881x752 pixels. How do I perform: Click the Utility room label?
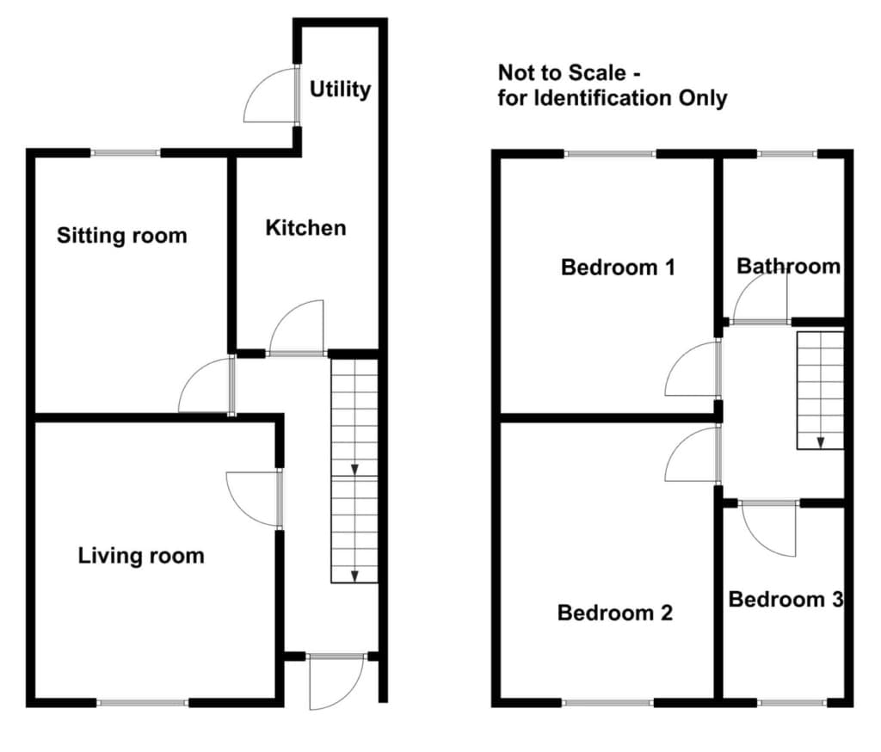click(x=340, y=89)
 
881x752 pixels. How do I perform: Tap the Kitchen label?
click(x=305, y=228)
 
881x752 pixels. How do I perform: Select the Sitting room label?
click(x=122, y=236)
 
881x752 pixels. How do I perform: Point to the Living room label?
click(x=141, y=556)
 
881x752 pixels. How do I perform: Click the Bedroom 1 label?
click(x=618, y=267)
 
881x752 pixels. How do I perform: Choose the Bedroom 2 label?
click(x=614, y=613)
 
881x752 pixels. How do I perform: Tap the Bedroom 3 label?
click(x=786, y=600)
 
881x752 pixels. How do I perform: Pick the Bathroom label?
click(x=788, y=266)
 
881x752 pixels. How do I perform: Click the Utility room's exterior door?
click(x=269, y=96)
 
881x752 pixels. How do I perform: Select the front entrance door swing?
click(x=337, y=681)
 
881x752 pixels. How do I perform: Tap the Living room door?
click(x=254, y=499)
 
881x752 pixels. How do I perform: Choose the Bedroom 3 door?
click(x=768, y=529)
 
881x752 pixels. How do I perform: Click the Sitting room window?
click(x=126, y=153)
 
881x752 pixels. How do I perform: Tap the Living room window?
click(x=143, y=703)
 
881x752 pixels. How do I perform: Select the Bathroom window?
click(x=786, y=153)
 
